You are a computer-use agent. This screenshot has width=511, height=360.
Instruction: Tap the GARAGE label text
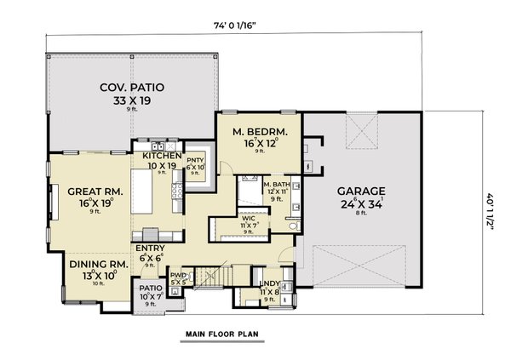pyautogui.click(x=360, y=191)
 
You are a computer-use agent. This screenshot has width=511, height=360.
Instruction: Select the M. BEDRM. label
pyautogui.click(x=261, y=132)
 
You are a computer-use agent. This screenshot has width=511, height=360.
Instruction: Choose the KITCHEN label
pyautogui.click(x=162, y=156)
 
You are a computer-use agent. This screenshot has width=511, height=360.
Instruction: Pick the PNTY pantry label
pyautogui.click(x=197, y=158)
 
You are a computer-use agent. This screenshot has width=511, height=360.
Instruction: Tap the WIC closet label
pyautogui.click(x=249, y=217)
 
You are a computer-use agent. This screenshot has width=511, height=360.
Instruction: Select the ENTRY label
pyautogui.click(x=150, y=249)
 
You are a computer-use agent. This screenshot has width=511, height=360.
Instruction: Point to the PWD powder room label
pyautogui.click(x=178, y=275)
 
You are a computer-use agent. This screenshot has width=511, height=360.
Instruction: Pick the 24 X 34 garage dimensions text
pyautogui.click(x=360, y=204)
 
